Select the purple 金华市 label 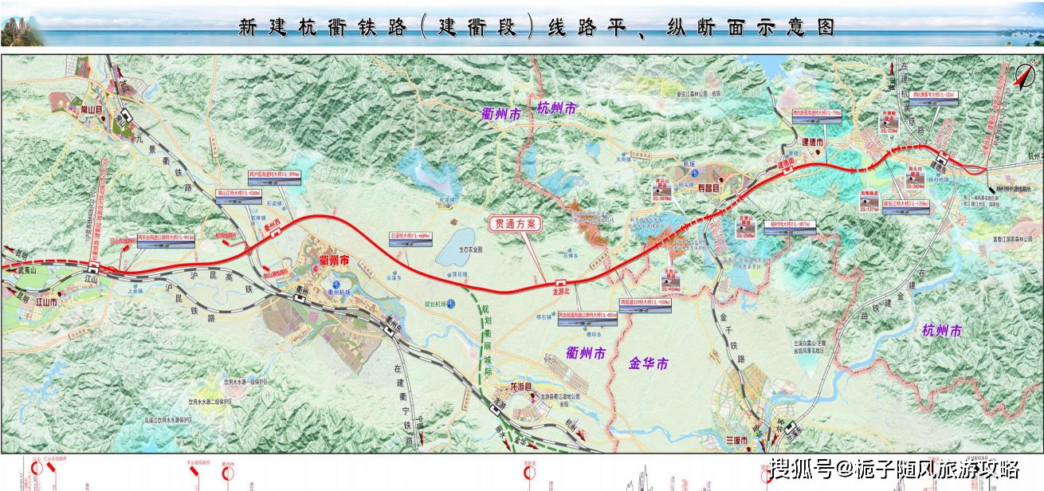click(649, 364)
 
